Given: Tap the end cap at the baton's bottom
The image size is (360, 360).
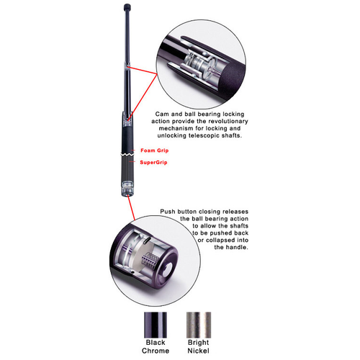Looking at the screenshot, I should click(126, 191).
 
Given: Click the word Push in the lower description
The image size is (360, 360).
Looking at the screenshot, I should click(168, 212).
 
